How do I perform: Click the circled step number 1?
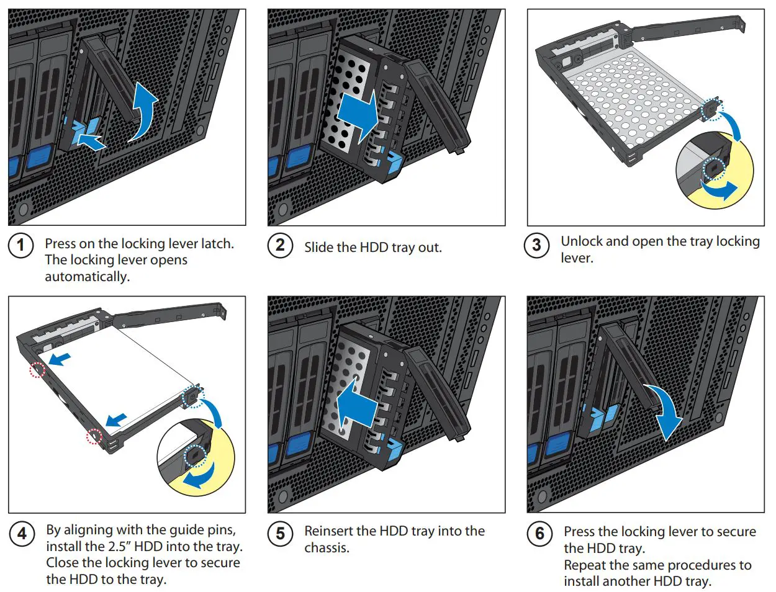[20, 245]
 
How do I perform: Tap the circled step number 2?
[280, 245]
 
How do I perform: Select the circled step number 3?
[536, 245]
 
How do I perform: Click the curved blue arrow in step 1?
[145, 112]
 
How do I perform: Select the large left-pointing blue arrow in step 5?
[356, 404]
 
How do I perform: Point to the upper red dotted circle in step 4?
[38, 370]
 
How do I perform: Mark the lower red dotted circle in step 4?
[94, 437]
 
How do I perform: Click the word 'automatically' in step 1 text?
[86, 277]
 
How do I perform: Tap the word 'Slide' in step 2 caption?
[318, 248]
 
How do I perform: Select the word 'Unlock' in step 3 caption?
[581, 241]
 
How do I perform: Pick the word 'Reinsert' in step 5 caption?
[329, 531]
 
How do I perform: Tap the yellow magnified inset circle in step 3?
[714, 171]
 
